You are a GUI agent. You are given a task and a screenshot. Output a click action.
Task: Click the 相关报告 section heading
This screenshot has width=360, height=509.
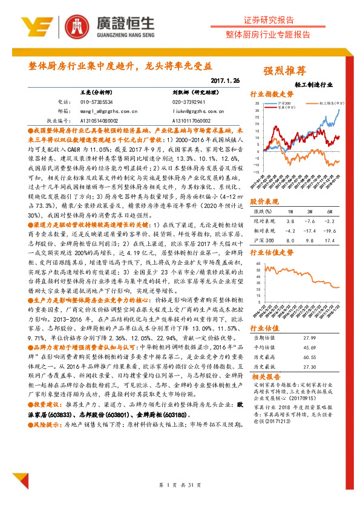[x=264, y=377]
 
